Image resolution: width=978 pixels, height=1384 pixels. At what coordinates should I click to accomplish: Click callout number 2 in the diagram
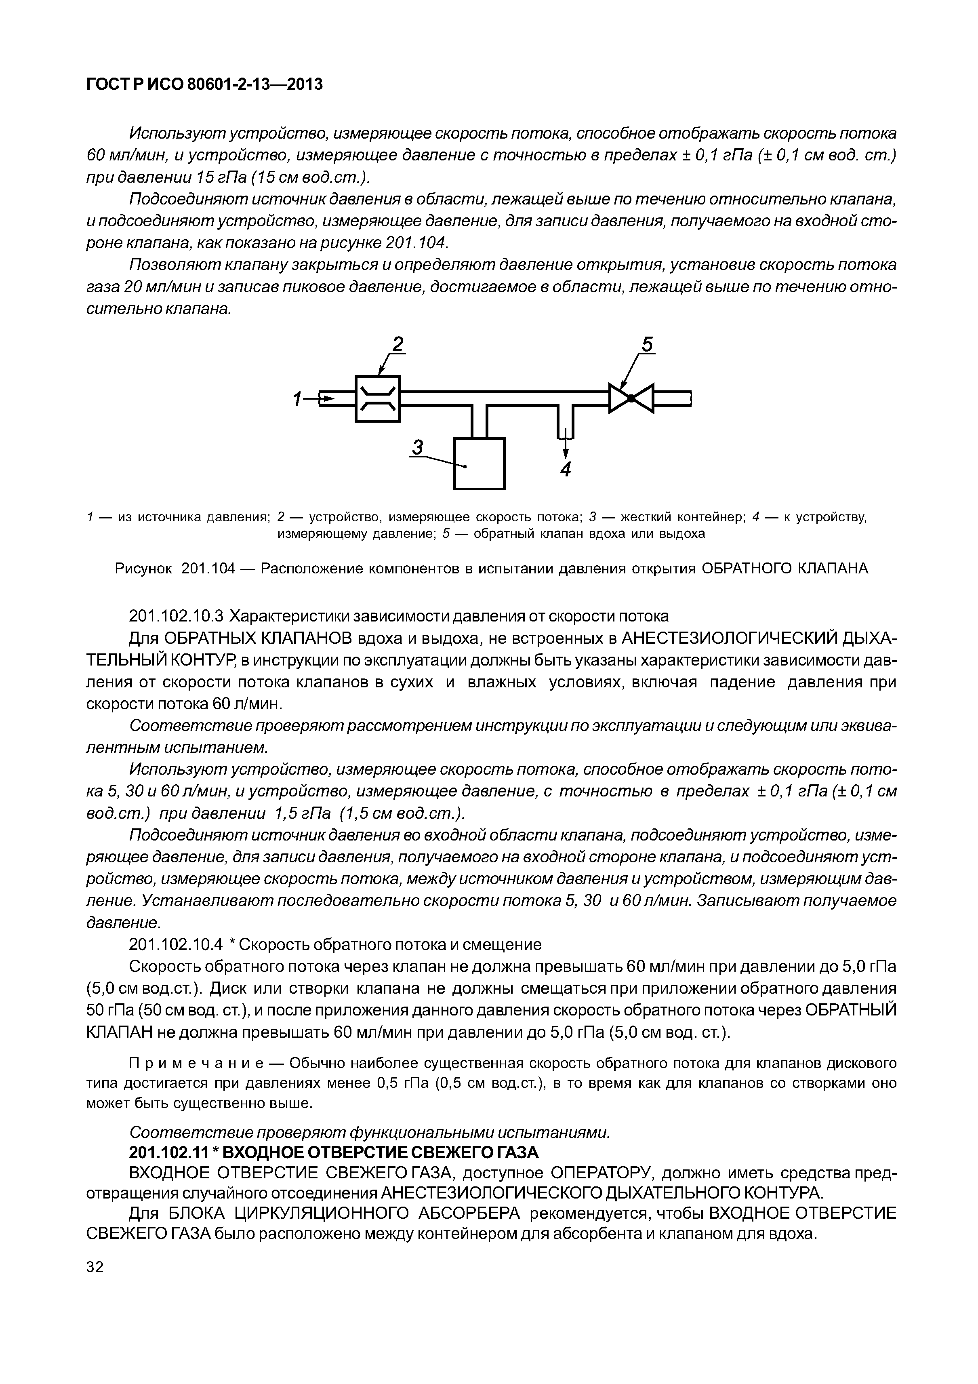click(398, 344)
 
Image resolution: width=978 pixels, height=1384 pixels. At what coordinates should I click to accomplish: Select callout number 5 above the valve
click(647, 345)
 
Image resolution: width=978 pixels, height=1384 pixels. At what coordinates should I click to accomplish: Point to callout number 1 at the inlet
click(297, 399)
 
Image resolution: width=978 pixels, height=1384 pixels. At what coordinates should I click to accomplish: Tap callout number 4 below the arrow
click(565, 470)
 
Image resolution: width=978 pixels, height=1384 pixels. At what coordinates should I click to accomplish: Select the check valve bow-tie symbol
click(631, 398)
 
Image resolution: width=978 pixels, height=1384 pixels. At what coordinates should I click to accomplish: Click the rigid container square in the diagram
click(479, 463)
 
